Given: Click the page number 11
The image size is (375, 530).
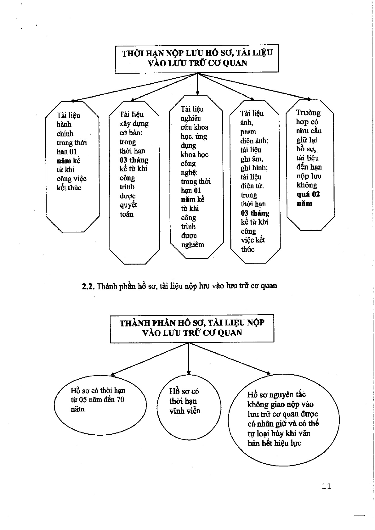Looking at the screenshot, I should pos(327,486).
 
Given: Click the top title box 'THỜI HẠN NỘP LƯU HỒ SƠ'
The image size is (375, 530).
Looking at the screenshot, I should pos(197,58).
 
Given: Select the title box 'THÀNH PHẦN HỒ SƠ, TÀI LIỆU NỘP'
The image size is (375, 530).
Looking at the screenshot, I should pos(192,328).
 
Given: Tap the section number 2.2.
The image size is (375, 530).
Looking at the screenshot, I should pos(88,287).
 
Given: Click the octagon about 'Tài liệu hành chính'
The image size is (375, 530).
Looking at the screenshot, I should pos(72,167).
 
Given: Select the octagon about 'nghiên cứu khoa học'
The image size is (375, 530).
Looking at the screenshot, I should pos(196,176).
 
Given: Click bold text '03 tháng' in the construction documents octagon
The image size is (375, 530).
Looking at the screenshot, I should pos(134,160).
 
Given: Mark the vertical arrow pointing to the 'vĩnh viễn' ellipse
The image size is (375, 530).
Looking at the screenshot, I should pos(189,359).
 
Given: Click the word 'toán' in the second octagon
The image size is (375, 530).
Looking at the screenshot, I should pos(127,215).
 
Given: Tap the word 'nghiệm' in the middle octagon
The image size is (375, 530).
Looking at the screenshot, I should pos(193,245).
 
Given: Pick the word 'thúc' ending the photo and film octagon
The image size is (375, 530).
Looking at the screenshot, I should pos(248,249).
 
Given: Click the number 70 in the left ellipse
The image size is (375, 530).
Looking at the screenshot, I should pos(120,400).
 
